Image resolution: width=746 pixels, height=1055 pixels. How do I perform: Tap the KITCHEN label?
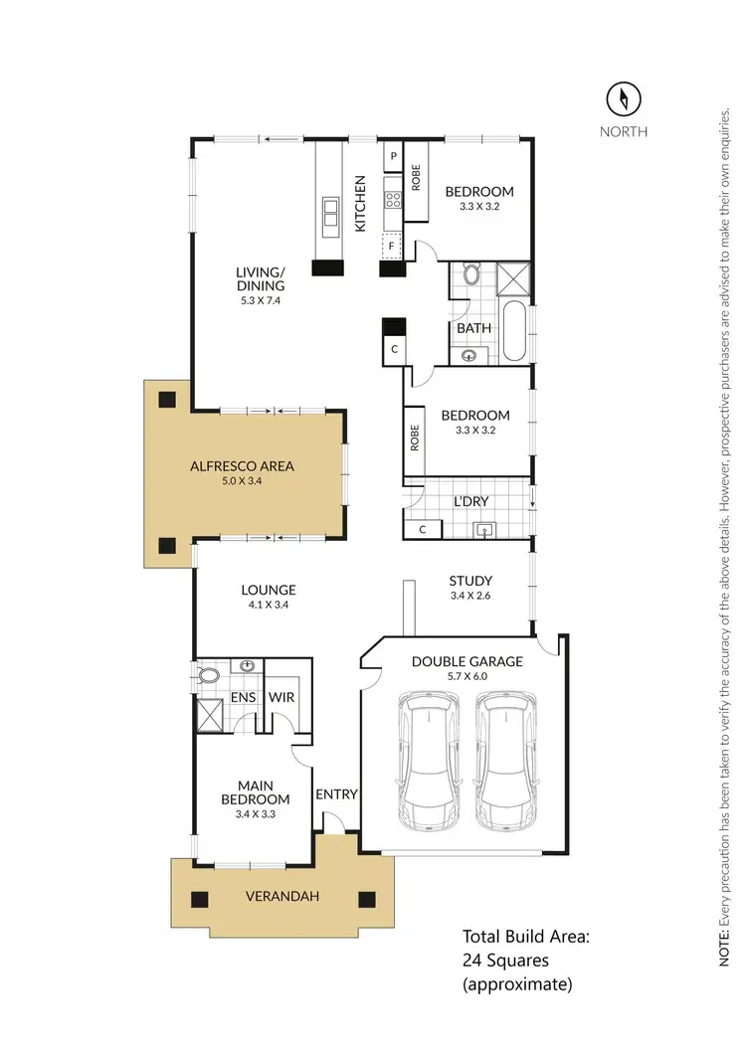(x=361, y=204)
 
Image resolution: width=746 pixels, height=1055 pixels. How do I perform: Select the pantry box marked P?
(x=393, y=156)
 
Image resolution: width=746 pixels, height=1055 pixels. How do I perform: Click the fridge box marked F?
(x=393, y=244)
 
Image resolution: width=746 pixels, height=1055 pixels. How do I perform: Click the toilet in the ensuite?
(x=210, y=676)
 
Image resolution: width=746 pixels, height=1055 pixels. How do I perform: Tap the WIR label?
(x=281, y=698)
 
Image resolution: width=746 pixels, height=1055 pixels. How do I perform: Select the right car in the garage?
(x=510, y=762)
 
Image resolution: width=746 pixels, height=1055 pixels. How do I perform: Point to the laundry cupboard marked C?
(x=423, y=530)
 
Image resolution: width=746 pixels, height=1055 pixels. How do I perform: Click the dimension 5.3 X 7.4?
(x=261, y=300)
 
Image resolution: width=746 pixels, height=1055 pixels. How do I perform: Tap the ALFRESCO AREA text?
(x=243, y=465)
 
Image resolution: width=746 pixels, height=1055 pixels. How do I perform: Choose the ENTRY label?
(x=336, y=794)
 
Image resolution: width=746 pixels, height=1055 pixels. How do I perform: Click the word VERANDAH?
(x=282, y=897)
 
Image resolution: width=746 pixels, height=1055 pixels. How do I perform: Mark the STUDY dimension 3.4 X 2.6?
(x=471, y=596)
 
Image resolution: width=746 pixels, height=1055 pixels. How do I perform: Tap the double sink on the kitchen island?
(x=328, y=211)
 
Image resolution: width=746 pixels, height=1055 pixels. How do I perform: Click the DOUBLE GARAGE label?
(x=466, y=661)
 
